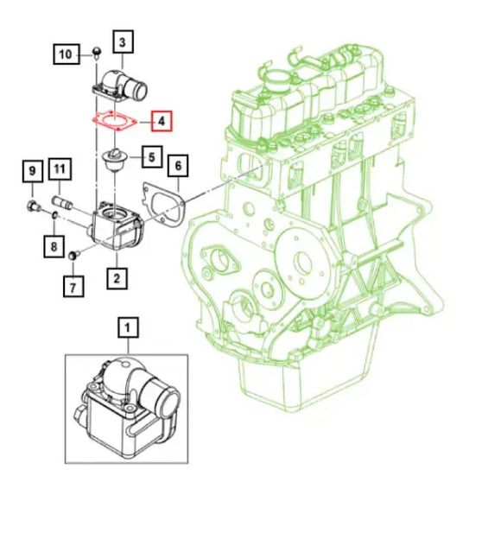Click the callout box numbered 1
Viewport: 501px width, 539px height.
[x=128, y=327]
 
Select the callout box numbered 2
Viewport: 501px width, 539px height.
[x=116, y=277]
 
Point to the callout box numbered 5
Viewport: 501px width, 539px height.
[x=150, y=158]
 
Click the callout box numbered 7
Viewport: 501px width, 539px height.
[x=73, y=282]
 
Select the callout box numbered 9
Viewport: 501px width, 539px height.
[x=31, y=169]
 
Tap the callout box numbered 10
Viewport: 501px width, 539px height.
[x=66, y=54]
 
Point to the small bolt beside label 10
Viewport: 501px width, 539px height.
[x=98, y=54]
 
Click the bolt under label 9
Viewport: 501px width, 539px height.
[x=31, y=206]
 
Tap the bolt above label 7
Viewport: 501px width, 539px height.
[x=74, y=254]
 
